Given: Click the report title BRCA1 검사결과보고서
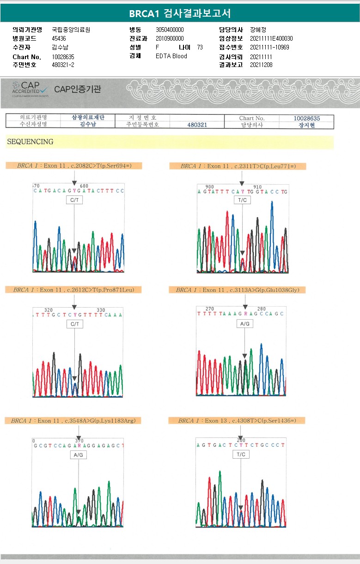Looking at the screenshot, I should (180, 13).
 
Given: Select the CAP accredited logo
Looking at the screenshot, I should (30, 89).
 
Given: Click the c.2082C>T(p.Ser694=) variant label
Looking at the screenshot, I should (74, 166).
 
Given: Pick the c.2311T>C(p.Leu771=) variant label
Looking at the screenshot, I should (238, 166).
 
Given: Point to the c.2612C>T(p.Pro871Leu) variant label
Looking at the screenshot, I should (73, 290).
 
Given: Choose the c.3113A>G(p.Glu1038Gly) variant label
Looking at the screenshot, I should (238, 290).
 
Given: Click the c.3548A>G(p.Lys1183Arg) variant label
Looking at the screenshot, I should (73, 421).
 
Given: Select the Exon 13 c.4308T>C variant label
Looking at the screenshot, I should (237, 421).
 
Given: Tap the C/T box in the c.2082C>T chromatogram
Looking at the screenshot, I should (74, 200).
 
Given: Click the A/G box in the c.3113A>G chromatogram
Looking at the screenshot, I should (245, 324).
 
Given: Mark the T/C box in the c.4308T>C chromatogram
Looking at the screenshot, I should (241, 455).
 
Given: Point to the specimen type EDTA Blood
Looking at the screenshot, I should (171, 56).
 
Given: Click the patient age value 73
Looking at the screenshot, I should (200, 47).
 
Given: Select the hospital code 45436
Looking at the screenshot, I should (59, 38).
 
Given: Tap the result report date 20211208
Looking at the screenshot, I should (261, 65).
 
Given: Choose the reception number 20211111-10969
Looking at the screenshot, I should (269, 47).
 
